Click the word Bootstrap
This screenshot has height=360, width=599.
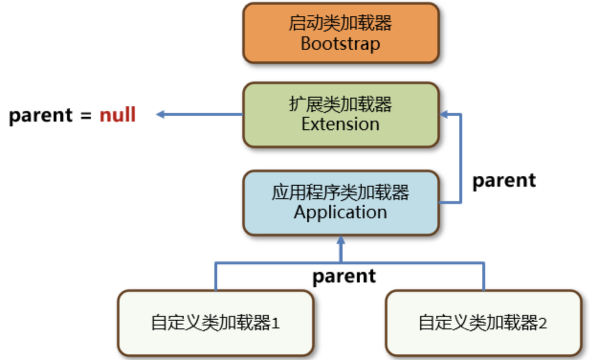pyautogui.click(x=341, y=44)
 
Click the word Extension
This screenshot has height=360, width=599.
pyautogui.click(x=341, y=124)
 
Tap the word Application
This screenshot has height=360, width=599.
pyautogui.click(x=341, y=213)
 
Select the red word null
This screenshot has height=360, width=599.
pyautogui.click(x=118, y=115)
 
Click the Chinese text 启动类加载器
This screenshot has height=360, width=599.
pyautogui.click(x=341, y=23)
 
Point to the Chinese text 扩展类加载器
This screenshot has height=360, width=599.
pyautogui.click(x=341, y=104)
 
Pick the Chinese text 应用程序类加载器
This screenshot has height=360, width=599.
pyautogui.click(x=341, y=192)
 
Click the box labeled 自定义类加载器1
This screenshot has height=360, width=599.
pyautogui.click(x=215, y=323)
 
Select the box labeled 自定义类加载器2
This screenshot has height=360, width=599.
pyautogui.click(x=484, y=323)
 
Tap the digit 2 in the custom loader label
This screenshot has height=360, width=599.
pyautogui.click(x=543, y=323)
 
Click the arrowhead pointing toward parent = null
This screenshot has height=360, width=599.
pyautogui.click(x=160, y=114)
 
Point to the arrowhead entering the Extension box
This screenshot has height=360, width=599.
pyautogui.click(x=444, y=114)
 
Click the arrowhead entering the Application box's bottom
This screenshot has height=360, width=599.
pyautogui.click(x=341, y=240)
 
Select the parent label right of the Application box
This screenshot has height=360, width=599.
pyautogui.click(x=504, y=181)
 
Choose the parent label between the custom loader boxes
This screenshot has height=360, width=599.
pyautogui.click(x=344, y=277)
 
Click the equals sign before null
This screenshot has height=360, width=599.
pyautogui.click(x=86, y=116)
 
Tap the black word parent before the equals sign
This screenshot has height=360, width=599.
pyautogui.click(x=41, y=116)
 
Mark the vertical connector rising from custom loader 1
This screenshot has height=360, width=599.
pyautogui.click(x=216, y=276)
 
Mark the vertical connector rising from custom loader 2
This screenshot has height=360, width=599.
pyautogui.click(x=484, y=276)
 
